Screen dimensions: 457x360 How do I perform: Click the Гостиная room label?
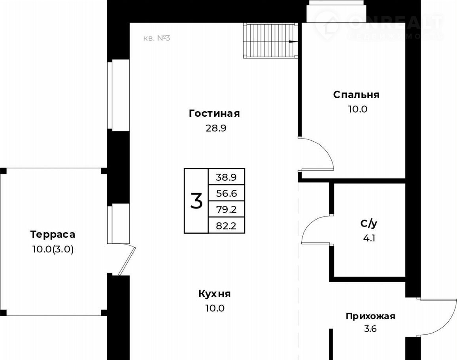[214, 114]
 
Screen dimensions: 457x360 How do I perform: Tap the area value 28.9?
[216, 128]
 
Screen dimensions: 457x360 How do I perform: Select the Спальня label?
[356, 95]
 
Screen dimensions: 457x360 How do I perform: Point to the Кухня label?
[215, 294]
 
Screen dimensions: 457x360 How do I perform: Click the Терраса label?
[53, 235]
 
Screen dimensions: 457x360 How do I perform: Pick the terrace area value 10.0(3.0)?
[53, 250]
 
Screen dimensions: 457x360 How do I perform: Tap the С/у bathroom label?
[369, 224]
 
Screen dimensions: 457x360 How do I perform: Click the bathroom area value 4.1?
[369, 238]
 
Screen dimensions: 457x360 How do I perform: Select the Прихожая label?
[370, 316]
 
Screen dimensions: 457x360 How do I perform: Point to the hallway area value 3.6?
[370, 329]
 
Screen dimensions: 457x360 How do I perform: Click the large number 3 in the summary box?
[196, 201]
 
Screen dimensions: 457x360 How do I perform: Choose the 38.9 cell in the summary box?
[226, 177]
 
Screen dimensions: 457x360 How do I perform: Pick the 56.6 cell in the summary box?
[226, 193]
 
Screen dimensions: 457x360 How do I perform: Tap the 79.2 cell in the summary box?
[226, 209]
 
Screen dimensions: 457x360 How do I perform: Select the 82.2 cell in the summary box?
[226, 225]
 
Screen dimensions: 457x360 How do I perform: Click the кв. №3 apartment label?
[157, 38]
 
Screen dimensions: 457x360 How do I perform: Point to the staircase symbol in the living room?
[270, 41]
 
